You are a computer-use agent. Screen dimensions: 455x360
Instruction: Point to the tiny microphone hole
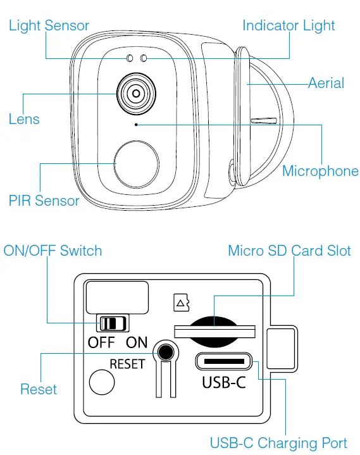click(137, 125)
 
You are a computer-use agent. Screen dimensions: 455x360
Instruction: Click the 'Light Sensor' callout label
click(49, 26)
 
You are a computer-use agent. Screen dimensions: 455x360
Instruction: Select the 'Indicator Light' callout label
click(289, 26)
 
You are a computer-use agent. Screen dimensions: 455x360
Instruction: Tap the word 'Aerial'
click(326, 83)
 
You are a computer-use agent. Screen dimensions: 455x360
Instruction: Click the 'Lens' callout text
click(24, 119)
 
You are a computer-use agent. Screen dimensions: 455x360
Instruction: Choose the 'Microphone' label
click(320, 171)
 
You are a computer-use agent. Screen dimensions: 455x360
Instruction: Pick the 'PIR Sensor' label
click(44, 201)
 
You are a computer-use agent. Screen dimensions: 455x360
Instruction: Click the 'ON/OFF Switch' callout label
click(53, 251)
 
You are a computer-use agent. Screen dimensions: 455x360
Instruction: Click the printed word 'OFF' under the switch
click(101, 343)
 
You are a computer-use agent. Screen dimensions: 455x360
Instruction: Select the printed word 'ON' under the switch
click(137, 343)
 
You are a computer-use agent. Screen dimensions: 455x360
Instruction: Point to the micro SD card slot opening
click(214, 329)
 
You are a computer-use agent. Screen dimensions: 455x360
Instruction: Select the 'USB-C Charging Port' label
click(278, 442)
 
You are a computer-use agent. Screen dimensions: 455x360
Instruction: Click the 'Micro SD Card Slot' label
click(289, 251)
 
